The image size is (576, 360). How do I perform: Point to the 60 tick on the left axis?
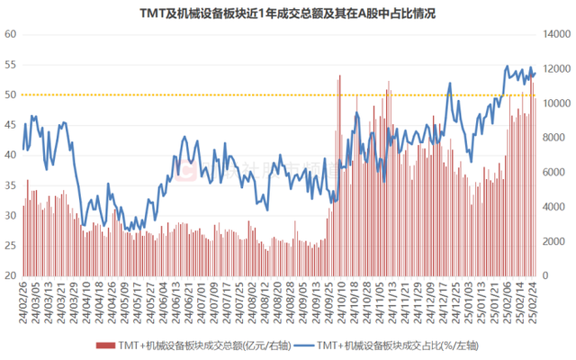point(12,34)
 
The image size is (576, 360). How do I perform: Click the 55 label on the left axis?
point(12,65)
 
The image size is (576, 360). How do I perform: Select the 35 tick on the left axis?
point(12,185)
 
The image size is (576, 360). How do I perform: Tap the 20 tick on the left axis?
point(12,275)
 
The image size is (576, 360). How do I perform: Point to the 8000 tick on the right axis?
point(555,138)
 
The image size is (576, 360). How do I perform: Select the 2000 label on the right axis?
point(555,241)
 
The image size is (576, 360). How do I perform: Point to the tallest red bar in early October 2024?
point(339,76)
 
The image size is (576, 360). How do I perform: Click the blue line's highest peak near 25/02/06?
point(507,67)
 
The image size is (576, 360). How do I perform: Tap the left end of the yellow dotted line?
point(25,94)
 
